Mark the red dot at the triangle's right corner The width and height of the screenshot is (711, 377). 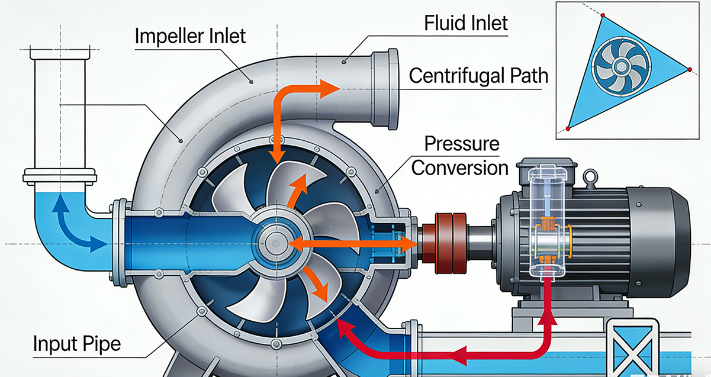tap(690, 70)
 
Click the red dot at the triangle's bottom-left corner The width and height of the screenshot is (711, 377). tap(568, 128)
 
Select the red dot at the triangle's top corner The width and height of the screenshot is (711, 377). tap(602, 15)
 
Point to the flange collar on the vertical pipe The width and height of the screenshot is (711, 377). tap(59, 175)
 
